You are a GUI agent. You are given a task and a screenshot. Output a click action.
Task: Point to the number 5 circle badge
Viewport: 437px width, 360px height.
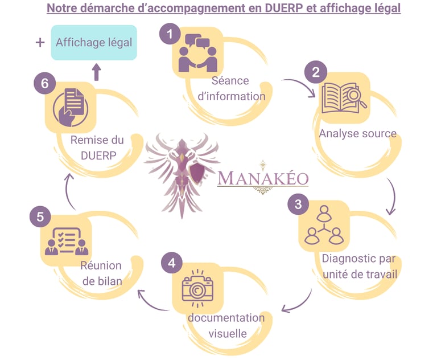(40, 216)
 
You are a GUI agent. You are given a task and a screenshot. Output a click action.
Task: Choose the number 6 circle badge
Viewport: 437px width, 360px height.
(44, 83)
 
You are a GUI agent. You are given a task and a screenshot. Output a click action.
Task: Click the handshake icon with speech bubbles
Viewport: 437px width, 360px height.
(197, 53)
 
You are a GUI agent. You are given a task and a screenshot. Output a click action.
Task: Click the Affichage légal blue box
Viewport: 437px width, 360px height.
(94, 43)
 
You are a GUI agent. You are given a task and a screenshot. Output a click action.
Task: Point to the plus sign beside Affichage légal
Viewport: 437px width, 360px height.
(40, 43)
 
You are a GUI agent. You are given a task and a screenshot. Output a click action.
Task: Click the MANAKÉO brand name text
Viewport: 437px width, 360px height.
(263, 178)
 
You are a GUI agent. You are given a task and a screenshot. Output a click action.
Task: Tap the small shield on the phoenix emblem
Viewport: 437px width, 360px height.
(196, 173)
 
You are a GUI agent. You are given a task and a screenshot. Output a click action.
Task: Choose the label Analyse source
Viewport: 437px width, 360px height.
(357, 134)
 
